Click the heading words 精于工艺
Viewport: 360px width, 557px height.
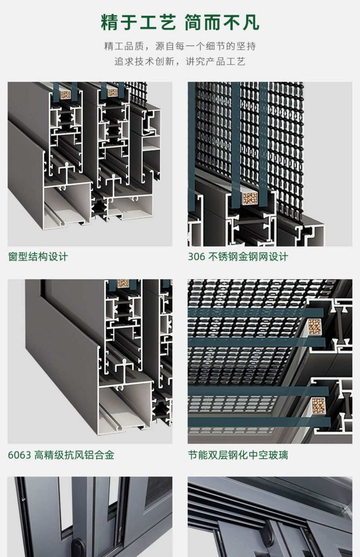coord(138,23)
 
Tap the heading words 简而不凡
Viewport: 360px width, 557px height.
coord(222,23)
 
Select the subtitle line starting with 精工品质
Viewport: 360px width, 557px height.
coord(180,46)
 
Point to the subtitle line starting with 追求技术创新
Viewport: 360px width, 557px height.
coord(180,61)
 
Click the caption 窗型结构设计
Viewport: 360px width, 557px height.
coord(38,257)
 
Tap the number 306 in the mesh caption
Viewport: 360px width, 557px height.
coord(196,257)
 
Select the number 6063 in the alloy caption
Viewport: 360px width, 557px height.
coord(19,455)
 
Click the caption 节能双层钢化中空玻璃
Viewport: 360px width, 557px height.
coord(238,455)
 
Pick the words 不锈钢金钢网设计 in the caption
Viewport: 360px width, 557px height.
coord(248,257)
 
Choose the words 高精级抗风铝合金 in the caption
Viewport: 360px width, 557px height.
coord(74,455)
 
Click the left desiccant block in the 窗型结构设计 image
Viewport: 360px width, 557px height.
coord(66,94)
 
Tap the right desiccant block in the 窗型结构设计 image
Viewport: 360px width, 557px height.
coord(113,93)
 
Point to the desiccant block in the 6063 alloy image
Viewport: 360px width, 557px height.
coord(123,283)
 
